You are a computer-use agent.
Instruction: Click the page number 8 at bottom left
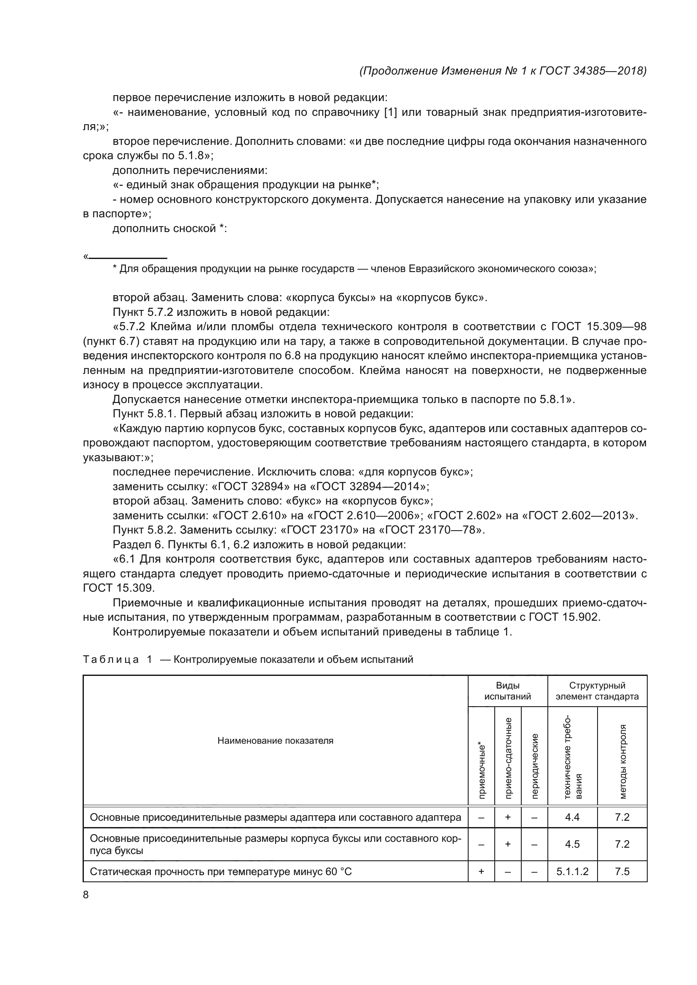(x=86, y=894)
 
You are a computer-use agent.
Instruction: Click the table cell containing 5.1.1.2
(x=572, y=871)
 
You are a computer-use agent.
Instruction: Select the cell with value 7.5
(x=622, y=871)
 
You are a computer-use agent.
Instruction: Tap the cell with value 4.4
(x=572, y=817)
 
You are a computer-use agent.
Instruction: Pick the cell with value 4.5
(x=572, y=844)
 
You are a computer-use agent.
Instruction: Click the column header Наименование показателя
(x=275, y=740)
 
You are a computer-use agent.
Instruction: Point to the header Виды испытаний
(x=507, y=691)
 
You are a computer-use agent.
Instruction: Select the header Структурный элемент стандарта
(x=597, y=691)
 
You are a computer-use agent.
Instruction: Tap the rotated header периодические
(x=534, y=766)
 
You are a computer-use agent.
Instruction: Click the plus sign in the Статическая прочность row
(x=481, y=871)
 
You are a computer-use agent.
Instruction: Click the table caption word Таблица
(x=111, y=659)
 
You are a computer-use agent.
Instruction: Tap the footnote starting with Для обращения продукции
(x=354, y=269)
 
